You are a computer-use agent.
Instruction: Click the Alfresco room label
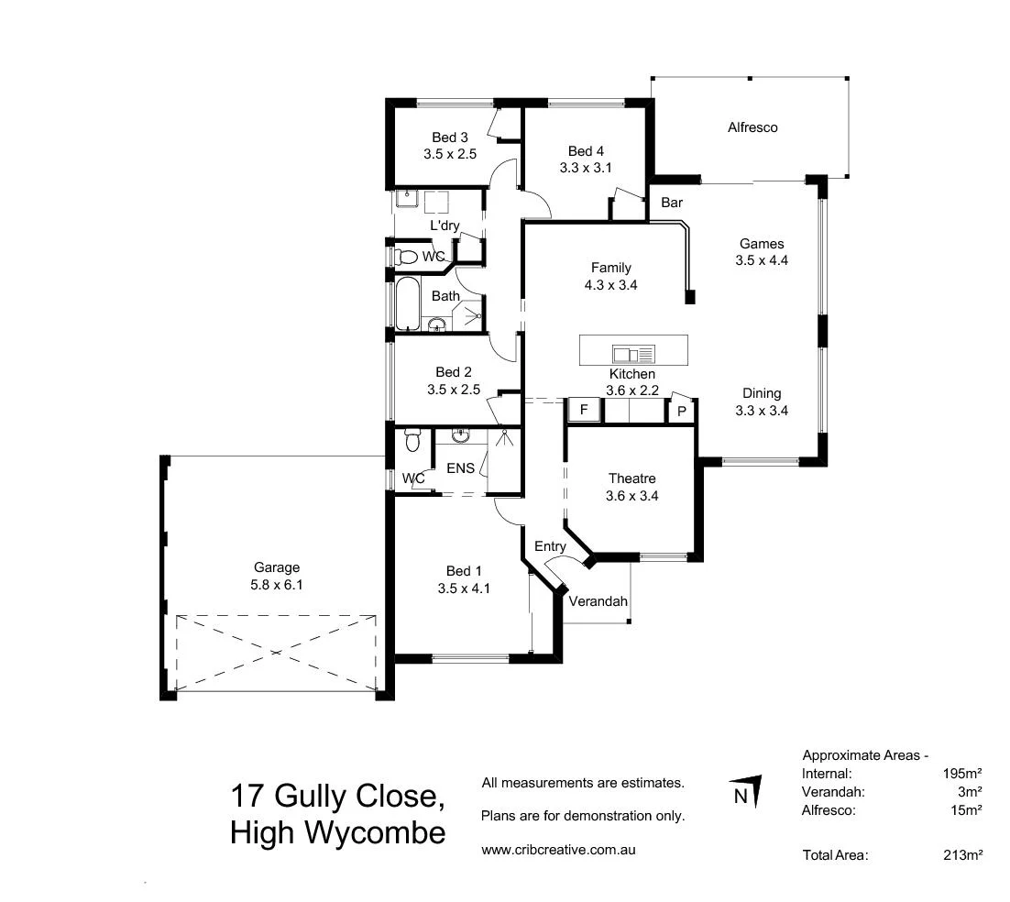coord(752,127)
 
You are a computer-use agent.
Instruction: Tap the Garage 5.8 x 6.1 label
coord(277,576)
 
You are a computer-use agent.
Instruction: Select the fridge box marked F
coord(583,410)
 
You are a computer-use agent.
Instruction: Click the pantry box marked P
coord(681,412)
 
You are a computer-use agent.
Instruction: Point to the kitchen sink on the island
coord(633,353)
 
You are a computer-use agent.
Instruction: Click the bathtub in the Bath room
coord(406,303)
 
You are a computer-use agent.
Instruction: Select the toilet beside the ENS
coord(412,443)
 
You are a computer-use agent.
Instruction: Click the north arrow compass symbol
coord(745,793)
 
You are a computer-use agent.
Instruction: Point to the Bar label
coord(672,203)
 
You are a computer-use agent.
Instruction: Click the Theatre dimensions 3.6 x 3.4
coord(632,496)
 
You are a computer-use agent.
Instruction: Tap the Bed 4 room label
coord(586,151)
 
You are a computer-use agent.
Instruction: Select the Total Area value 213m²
coord(962,855)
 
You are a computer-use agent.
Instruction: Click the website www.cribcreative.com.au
coord(558,850)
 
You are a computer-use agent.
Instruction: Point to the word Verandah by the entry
coord(598,601)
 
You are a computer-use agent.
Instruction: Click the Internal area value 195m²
coord(962,773)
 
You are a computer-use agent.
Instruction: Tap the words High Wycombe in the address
coord(338,832)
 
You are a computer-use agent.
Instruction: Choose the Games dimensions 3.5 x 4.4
coord(762,259)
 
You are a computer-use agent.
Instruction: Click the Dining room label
coord(762,394)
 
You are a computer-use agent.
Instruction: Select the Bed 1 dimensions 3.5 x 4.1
coord(464,588)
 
